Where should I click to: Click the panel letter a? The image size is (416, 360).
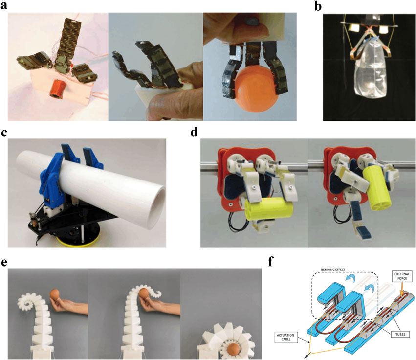pos(4,5)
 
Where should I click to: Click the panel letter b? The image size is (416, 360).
pos(318,6)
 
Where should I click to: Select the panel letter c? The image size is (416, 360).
pos(4,133)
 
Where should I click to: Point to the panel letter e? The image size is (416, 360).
pos(4,262)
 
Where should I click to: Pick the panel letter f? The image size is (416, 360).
pos(271,262)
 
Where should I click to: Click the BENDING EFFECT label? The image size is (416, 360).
pos(333,270)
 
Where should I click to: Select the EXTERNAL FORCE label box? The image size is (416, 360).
pos(402,276)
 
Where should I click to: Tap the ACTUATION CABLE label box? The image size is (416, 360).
pos(285,337)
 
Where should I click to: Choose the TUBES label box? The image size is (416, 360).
pos(399,334)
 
